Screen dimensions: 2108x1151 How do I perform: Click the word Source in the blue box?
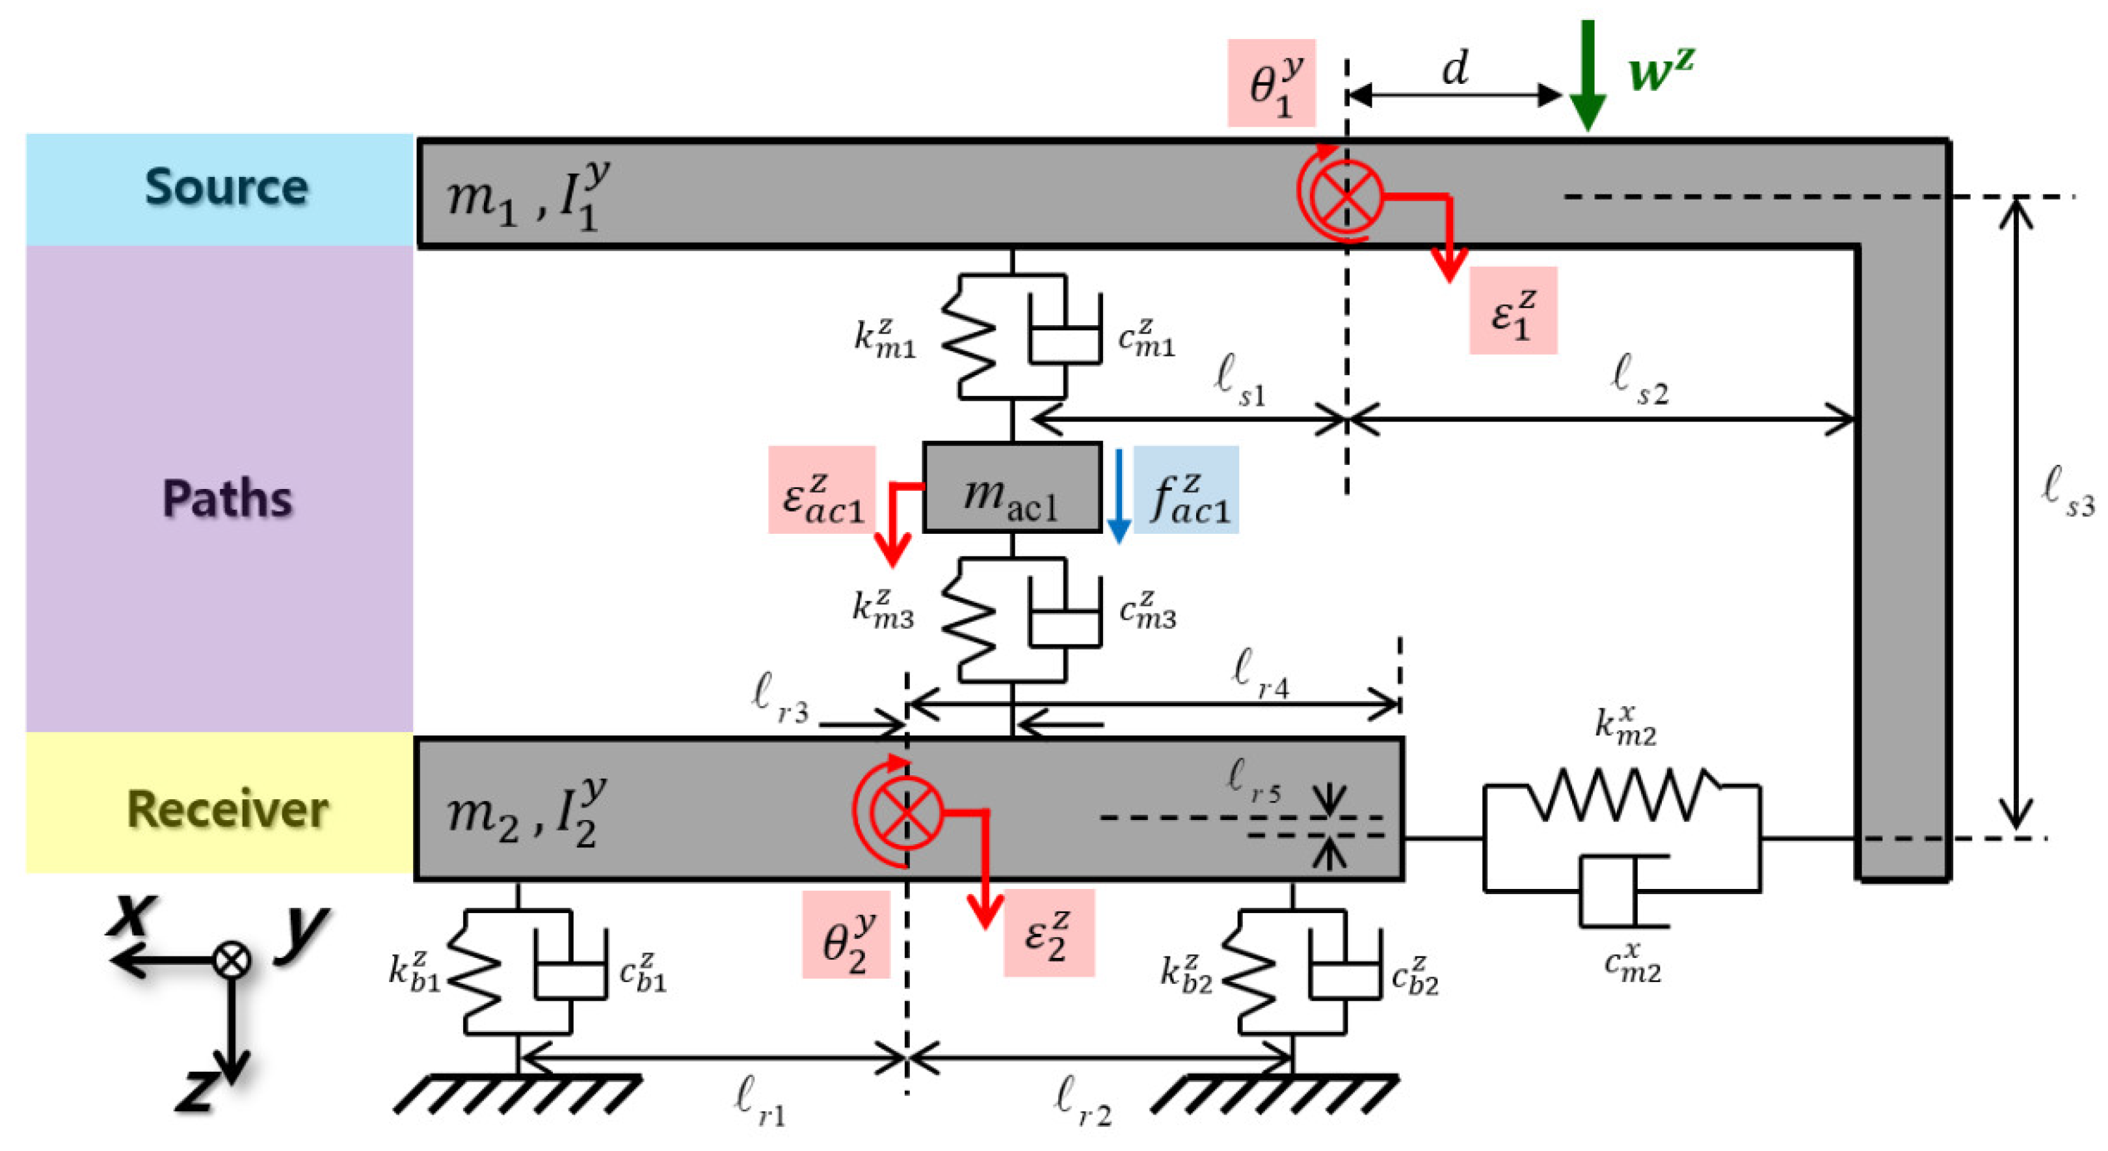click(x=227, y=187)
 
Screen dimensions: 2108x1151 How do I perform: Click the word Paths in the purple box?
click(x=228, y=497)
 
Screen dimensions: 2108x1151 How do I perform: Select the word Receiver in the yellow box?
click(x=228, y=809)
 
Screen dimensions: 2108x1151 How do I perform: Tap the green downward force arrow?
click(x=1588, y=75)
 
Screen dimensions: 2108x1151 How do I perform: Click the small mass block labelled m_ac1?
click(x=1012, y=488)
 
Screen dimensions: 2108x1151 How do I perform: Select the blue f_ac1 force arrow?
click(x=1119, y=496)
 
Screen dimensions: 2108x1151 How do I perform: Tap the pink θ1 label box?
click(x=1272, y=83)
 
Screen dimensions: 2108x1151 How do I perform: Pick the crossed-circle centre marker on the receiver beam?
click(x=907, y=812)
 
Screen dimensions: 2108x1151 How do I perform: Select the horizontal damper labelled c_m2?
click(x=1624, y=892)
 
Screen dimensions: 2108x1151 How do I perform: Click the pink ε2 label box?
click(x=1049, y=933)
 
